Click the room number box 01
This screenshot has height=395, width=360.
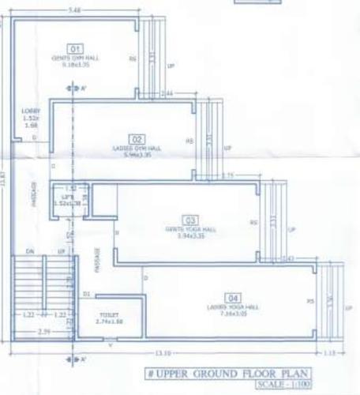pyautogui.click(x=77, y=49)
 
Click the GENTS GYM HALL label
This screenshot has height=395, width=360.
pyautogui.click(x=77, y=58)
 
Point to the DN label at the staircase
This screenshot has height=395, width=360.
pyautogui.click(x=29, y=251)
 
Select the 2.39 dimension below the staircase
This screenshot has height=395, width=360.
pyautogui.click(x=25, y=333)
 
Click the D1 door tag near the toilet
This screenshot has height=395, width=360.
pyautogui.click(x=87, y=294)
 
